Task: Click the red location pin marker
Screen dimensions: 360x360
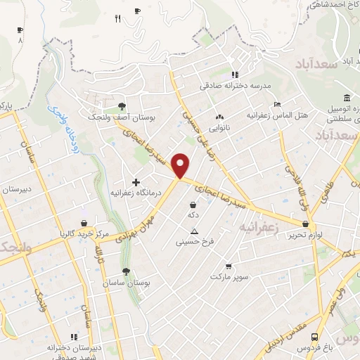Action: pyautogui.click(x=181, y=166)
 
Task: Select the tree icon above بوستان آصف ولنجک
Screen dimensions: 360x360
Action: pyautogui.click(x=123, y=106)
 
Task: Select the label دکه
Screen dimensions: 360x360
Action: pyautogui.click(x=192, y=214)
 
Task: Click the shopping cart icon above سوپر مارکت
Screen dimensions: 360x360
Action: pyautogui.click(x=229, y=266)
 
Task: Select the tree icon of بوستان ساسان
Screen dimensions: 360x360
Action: pyautogui.click(x=126, y=271)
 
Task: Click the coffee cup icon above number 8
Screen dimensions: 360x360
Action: pyautogui.click(x=20, y=30)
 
